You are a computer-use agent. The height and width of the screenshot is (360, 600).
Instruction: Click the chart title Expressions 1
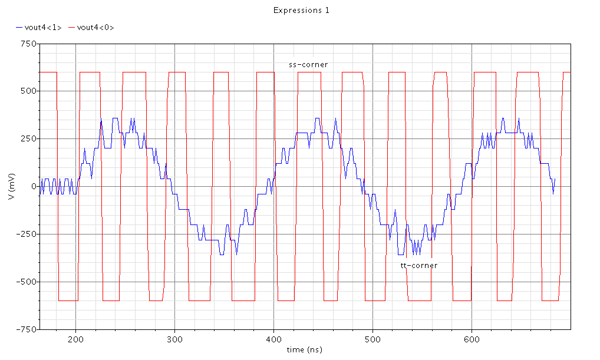pyautogui.click(x=301, y=10)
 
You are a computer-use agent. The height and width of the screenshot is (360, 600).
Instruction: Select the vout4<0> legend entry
pyautogui.click(x=95, y=27)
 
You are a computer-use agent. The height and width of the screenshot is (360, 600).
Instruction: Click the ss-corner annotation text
pyautogui.click(x=308, y=64)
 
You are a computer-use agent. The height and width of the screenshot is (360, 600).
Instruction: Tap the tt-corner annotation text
pyautogui.click(x=419, y=265)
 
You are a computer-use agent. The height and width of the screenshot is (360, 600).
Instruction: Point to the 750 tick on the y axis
pyautogui.click(x=28, y=44)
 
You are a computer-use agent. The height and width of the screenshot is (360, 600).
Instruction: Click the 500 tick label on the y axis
pyautogui.click(x=28, y=91)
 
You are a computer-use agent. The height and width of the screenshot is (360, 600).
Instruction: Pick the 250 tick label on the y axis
pyautogui.click(x=28, y=138)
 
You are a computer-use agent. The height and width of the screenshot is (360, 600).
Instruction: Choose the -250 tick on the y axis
pyautogui.click(x=26, y=234)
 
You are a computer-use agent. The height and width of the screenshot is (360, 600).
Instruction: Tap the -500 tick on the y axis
pyautogui.click(x=26, y=282)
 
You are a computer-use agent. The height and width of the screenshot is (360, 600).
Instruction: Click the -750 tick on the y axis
pyautogui.click(x=26, y=329)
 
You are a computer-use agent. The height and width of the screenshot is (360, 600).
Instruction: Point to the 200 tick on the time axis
pyautogui.click(x=75, y=339)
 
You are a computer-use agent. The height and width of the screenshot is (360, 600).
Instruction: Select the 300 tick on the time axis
pyautogui.click(x=174, y=339)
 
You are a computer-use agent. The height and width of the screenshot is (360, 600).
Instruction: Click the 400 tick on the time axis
pyautogui.click(x=273, y=339)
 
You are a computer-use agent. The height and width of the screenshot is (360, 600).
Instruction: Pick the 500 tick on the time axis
pyautogui.click(x=372, y=339)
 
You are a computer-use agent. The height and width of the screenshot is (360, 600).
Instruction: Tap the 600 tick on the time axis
pyautogui.click(x=472, y=339)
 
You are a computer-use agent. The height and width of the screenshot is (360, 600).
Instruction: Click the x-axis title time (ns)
pyautogui.click(x=304, y=349)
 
